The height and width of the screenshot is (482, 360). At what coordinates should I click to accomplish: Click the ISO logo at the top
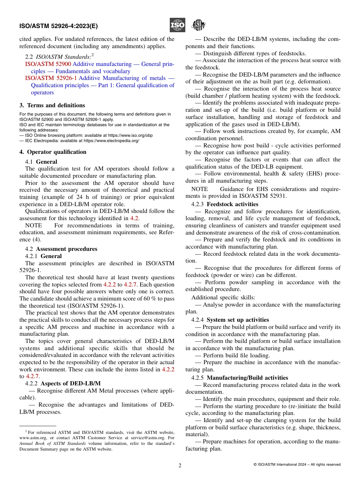177,25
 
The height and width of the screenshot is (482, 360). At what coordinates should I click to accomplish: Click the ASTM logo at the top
198,25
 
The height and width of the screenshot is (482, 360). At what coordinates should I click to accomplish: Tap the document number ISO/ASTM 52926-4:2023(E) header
58,26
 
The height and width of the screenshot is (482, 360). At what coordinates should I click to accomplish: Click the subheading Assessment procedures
66,249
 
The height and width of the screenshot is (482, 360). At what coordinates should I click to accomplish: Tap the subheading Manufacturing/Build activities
247,378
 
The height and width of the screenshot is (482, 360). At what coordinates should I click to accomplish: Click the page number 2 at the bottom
180,466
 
